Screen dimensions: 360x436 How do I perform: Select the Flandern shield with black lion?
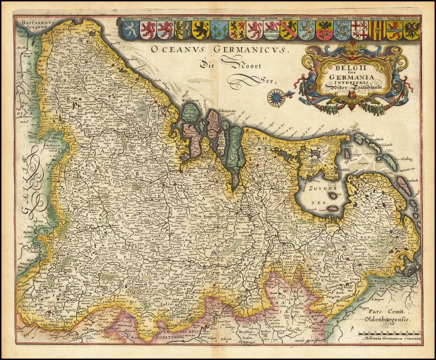point(200,30)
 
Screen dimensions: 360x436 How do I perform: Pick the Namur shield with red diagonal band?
point(288,30)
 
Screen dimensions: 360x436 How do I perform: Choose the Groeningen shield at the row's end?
point(412,30)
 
